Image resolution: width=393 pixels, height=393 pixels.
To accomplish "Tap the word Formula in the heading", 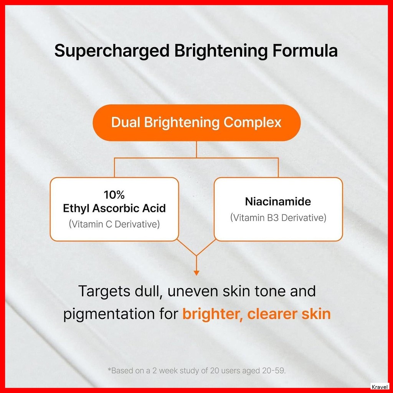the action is click(x=305, y=50).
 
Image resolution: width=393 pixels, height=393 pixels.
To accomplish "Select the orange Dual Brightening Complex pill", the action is click(x=196, y=123).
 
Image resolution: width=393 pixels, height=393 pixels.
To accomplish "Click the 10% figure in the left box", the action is click(x=114, y=195).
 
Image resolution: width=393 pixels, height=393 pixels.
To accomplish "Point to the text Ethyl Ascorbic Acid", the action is click(x=114, y=208).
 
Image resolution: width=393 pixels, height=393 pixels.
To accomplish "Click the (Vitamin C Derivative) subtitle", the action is click(x=114, y=224).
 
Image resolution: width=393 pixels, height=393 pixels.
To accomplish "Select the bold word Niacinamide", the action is click(x=278, y=201).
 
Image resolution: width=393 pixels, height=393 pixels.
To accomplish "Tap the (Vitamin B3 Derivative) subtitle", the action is click(x=278, y=218).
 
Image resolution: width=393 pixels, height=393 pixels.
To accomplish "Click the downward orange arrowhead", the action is click(x=196, y=273).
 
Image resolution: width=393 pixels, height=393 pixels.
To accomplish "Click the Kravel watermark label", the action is click(x=380, y=387).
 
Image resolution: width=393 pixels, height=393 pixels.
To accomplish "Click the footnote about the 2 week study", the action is click(x=196, y=370).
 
